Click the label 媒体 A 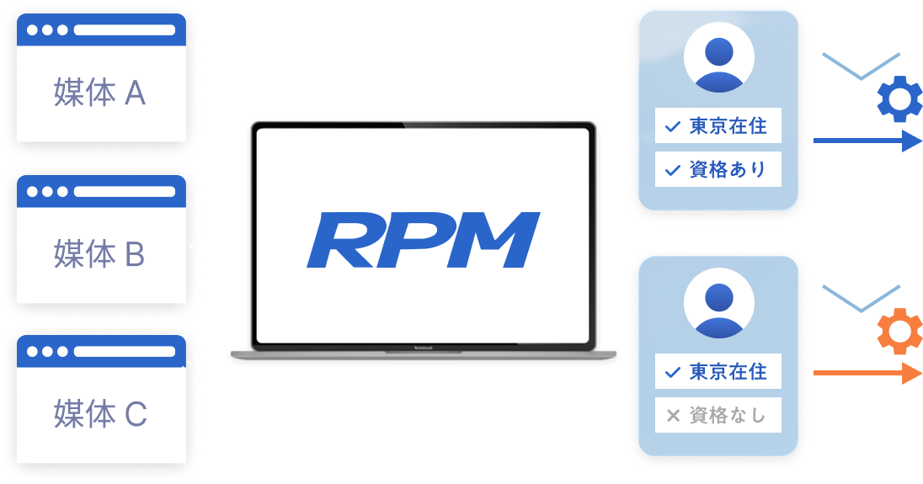coord(100,93)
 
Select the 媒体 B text coord(100,253)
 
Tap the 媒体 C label coord(100,413)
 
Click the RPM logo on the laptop coord(423,240)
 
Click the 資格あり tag coord(718,170)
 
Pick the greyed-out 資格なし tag coord(718,415)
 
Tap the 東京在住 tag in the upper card coord(718,126)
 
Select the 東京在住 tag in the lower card coord(718,371)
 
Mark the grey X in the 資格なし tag coord(673,415)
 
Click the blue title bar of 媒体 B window coord(101,191)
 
